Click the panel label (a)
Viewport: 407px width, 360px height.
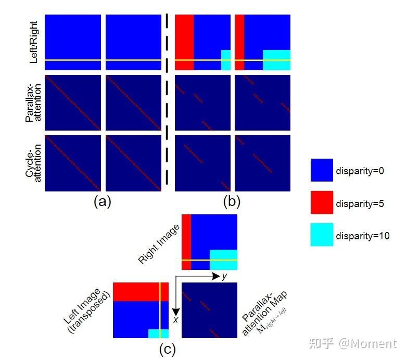pyautogui.click(x=102, y=202)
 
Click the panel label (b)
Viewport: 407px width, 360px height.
pyautogui.click(x=232, y=202)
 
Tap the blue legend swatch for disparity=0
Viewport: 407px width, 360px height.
pyautogui.click(x=322, y=170)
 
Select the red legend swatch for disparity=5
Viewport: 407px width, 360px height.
pyautogui.click(x=322, y=202)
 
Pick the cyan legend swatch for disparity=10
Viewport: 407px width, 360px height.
pyautogui.click(x=322, y=235)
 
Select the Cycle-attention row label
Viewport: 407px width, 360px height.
pyautogui.click(x=34, y=163)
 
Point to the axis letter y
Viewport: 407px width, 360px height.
pyautogui.click(x=224, y=276)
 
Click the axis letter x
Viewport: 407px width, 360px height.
pyautogui.click(x=176, y=319)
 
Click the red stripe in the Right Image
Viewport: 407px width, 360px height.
pyautogui.click(x=186, y=242)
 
